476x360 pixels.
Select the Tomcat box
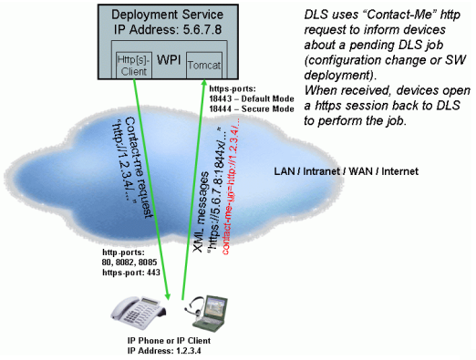coord(204,67)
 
